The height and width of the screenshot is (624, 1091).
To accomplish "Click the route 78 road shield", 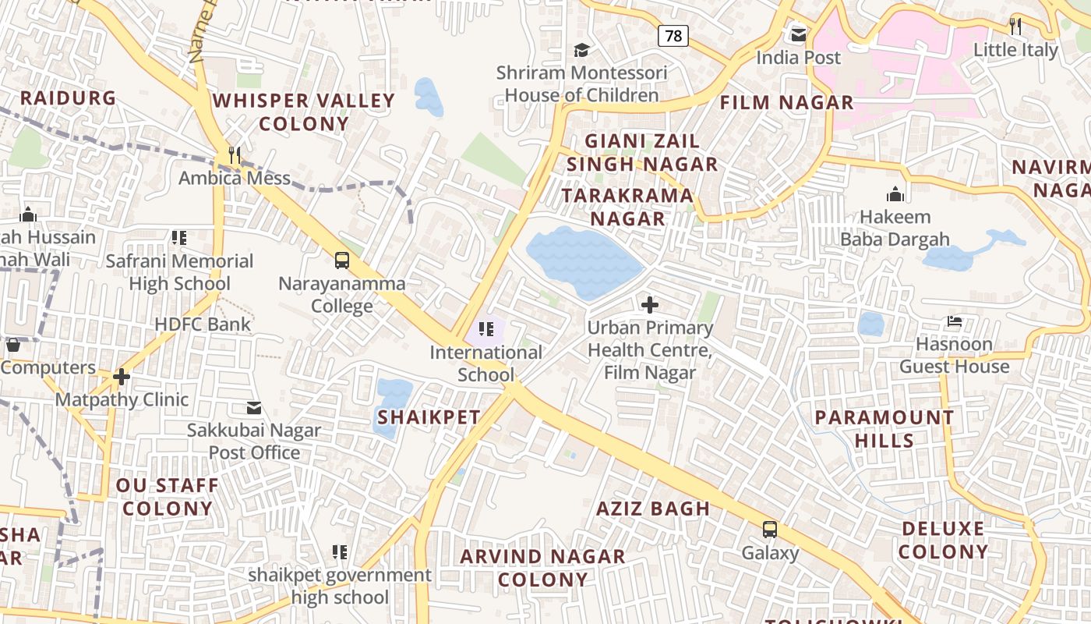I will pyautogui.click(x=673, y=35).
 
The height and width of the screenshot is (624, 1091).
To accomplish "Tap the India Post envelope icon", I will pyautogui.click(x=799, y=34).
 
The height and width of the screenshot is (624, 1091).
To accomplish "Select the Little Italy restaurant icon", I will pyautogui.click(x=1015, y=26).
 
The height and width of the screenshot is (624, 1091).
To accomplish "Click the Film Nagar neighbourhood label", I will pyautogui.click(x=786, y=102).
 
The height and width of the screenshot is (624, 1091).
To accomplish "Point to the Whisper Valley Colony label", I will pyautogui.click(x=304, y=112).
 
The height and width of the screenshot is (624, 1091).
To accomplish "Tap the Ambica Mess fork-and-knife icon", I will pyautogui.click(x=234, y=154).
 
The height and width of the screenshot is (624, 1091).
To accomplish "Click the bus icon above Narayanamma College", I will pyautogui.click(x=342, y=260).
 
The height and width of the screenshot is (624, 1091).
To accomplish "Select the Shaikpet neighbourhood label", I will pyautogui.click(x=429, y=417).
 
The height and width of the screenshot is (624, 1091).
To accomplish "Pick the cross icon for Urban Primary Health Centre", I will pyautogui.click(x=649, y=304).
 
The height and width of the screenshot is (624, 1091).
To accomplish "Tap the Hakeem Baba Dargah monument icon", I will pyautogui.click(x=895, y=193).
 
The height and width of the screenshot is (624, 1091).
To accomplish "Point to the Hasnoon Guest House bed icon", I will pyautogui.click(x=954, y=321).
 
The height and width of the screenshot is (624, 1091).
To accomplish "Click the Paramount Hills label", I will pyautogui.click(x=884, y=428).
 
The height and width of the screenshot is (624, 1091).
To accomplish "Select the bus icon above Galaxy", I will pyautogui.click(x=770, y=530).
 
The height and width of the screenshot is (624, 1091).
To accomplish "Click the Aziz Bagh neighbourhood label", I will pyautogui.click(x=653, y=509).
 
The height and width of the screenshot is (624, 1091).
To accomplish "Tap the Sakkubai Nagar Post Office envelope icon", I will pyautogui.click(x=254, y=407).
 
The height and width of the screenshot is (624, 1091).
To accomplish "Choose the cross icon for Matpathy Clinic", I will pyautogui.click(x=122, y=377).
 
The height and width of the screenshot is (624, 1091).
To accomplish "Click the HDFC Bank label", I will pyautogui.click(x=203, y=324).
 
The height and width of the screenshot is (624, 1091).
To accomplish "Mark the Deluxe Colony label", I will pyautogui.click(x=943, y=540).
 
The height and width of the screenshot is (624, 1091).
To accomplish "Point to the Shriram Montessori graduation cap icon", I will pyautogui.click(x=581, y=50).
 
